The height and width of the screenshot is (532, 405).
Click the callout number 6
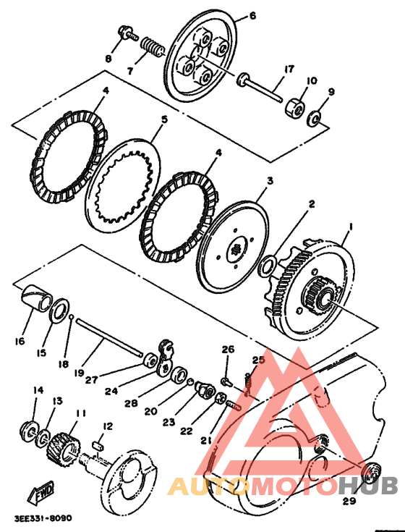(252, 16)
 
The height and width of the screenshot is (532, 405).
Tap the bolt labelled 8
(128, 33)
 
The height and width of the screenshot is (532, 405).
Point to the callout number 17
(289, 69)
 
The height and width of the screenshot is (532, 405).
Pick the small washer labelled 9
(313, 119)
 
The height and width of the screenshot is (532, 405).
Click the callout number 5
(165, 119)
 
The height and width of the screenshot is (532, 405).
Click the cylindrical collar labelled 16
(37, 297)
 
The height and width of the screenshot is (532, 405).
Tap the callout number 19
(79, 373)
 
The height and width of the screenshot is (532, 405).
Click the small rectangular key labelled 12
(98, 445)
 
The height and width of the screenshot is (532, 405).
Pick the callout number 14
(38, 390)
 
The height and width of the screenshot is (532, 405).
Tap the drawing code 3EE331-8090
(43, 518)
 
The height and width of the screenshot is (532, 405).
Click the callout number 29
(349, 501)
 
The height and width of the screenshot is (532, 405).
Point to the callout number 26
(228, 349)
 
